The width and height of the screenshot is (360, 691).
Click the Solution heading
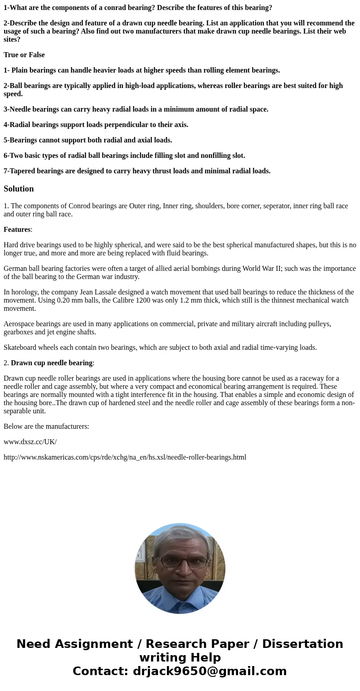19,189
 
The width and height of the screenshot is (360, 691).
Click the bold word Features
17,230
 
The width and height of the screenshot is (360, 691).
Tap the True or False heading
24,55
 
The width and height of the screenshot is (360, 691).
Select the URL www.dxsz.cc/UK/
30,442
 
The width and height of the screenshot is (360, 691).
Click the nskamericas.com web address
125,457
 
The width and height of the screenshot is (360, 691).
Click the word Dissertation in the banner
302,644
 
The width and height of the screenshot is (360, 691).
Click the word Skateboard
20,348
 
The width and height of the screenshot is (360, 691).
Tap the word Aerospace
19,324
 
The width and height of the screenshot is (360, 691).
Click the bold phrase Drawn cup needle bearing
52,363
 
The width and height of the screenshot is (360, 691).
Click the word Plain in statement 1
20,70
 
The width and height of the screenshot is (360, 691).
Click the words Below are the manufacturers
46,426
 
